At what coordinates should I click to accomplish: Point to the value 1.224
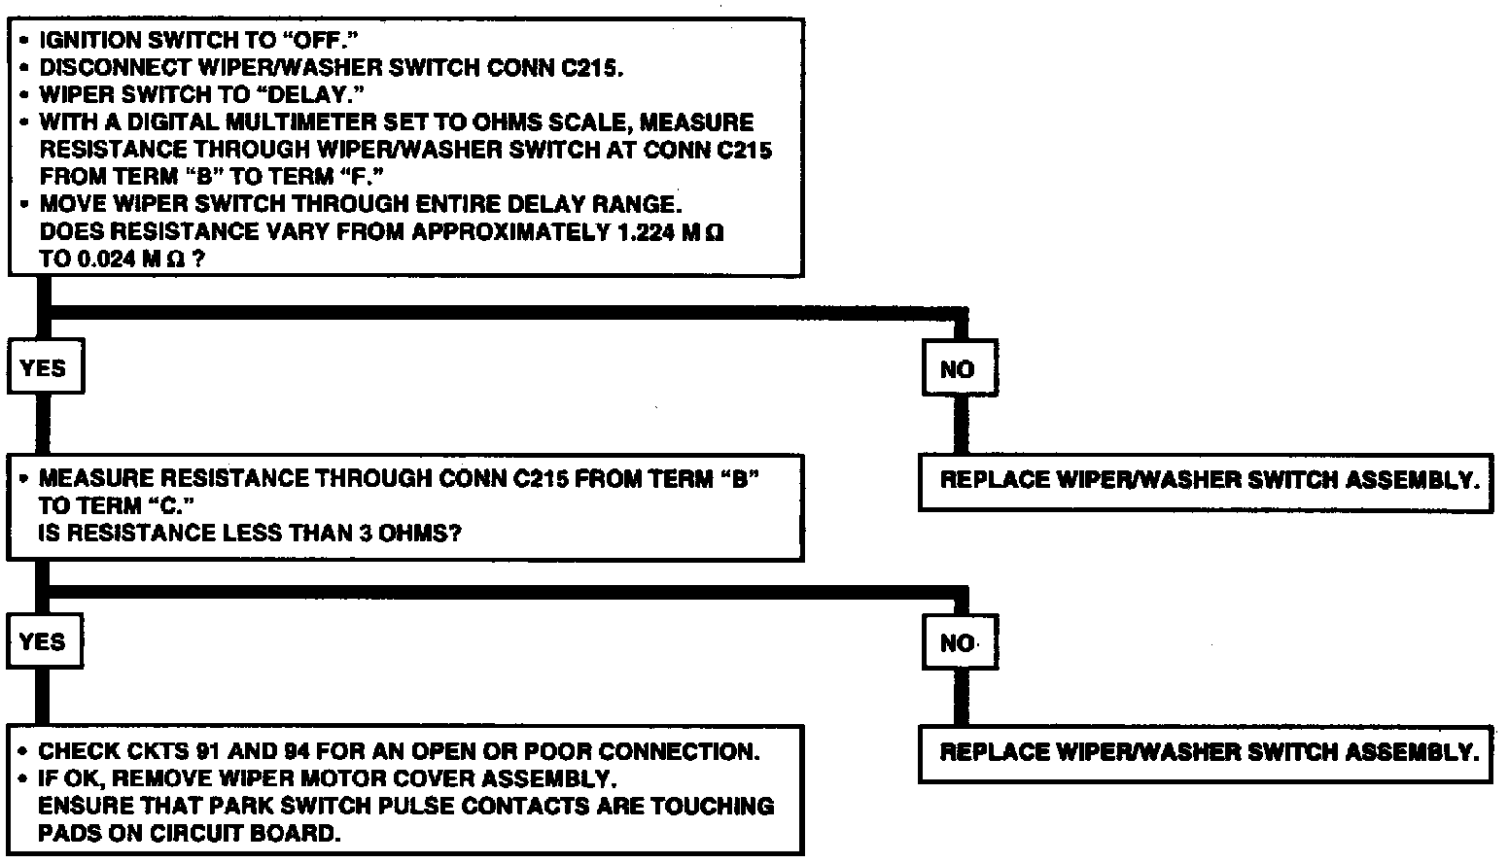click(646, 232)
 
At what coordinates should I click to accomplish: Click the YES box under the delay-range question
click(44, 367)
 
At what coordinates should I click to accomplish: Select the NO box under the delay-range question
click(958, 368)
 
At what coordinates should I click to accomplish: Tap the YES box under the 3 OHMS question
click(43, 641)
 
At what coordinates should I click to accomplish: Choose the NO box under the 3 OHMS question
click(958, 642)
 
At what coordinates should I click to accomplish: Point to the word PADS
click(67, 833)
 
